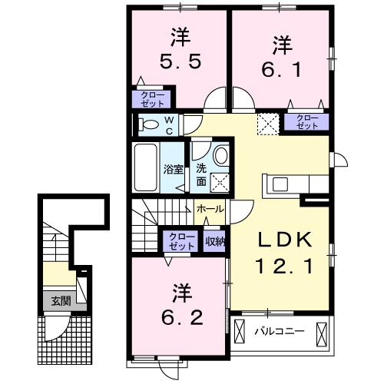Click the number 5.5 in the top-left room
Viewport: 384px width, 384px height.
click(182, 61)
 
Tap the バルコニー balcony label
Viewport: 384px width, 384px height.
click(280, 332)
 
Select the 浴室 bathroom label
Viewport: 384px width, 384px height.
click(172, 169)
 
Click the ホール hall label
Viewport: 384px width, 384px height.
click(210, 209)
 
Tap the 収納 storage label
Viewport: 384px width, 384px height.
click(216, 240)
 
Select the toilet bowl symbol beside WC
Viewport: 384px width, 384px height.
click(151, 124)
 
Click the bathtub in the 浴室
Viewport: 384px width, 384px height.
click(145, 167)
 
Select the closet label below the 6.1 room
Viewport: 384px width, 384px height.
click(306, 121)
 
